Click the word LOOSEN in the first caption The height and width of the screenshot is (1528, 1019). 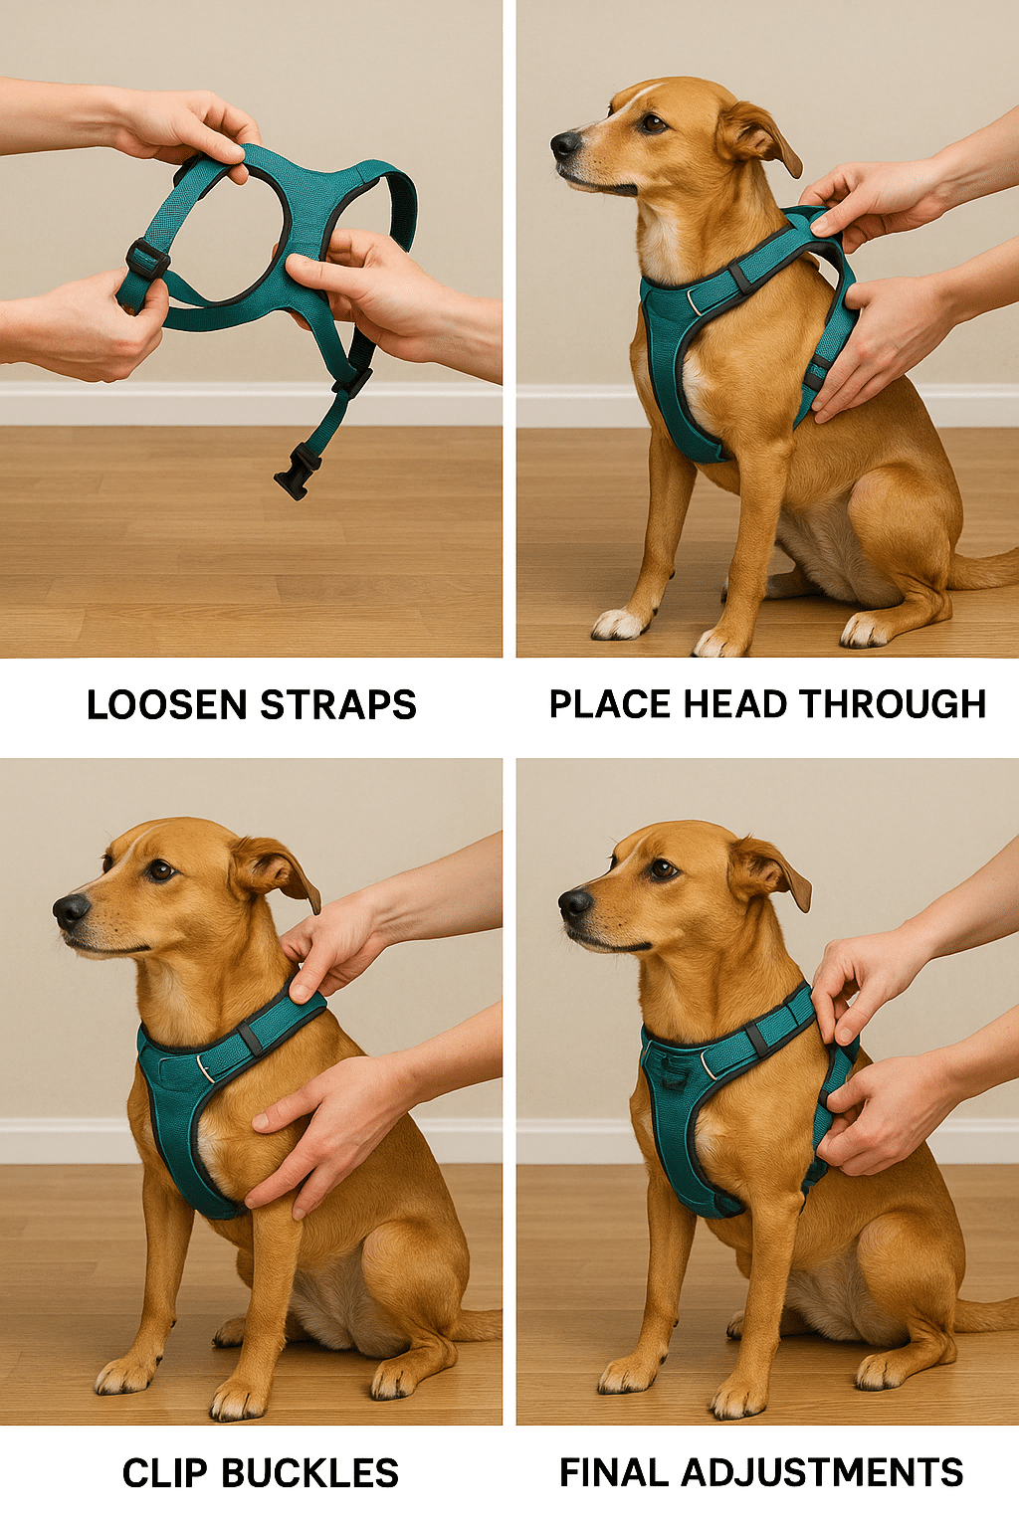click(x=166, y=705)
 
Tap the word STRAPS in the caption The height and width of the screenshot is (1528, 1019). click(x=338, y=705)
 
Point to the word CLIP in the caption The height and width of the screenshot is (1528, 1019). click(x=165, y=1473)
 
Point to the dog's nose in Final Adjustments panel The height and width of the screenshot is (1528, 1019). click(x=574, y=902)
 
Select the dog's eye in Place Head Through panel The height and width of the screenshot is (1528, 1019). click(x=653, y=122)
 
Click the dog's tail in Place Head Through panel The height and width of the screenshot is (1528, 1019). click(x=985, y=569)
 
